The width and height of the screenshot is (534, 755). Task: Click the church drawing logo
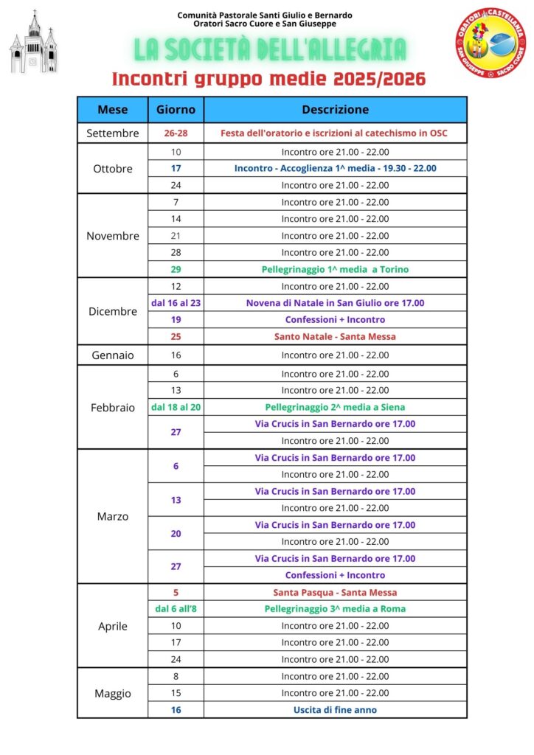[33, 42]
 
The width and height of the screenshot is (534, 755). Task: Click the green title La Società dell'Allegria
[270, 49]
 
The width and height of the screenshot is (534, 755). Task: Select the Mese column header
[113, 110]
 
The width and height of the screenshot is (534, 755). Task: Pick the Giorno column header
[176, 110]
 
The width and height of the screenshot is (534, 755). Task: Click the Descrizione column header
[335, 110]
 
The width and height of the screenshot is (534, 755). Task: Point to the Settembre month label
[113, 133]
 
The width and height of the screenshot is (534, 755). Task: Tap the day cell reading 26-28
[176, 133]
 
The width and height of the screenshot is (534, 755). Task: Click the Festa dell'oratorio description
[335, 133]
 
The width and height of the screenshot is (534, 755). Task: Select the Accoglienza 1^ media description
[335, 168]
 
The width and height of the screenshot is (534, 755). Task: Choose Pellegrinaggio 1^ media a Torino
[335, 269]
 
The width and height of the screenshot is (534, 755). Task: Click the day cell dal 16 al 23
[176, 302]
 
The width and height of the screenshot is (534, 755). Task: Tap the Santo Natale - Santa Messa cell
[335, 336]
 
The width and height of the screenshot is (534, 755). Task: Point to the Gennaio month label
[113, 355]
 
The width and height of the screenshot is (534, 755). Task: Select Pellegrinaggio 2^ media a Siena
[335, 407]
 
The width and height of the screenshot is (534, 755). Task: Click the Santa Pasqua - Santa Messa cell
[335, 592]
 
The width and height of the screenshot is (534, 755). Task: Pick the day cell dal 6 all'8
[176, 609]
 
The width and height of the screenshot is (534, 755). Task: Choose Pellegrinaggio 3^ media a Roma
[335, 609]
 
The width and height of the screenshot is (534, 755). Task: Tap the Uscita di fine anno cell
[335, 709]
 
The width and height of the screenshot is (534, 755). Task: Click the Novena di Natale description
[335, 302]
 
